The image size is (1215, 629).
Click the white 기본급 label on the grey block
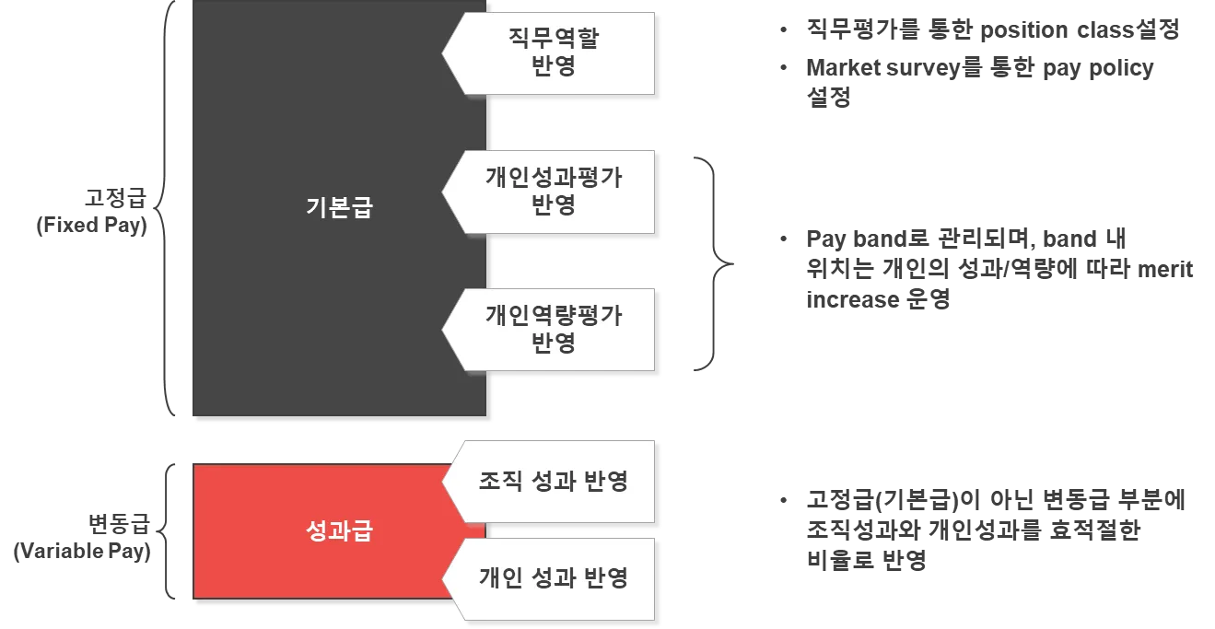pyautogui.click(x=338, y=207)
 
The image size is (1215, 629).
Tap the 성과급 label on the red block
pyautogui.click(x=338, y=531)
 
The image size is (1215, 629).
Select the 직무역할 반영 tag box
pyautogui.click(x=553, y=52)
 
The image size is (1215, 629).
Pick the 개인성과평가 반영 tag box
pyautogui.click(x=553, y=191)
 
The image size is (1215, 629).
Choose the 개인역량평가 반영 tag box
pyautogui.click(x=553, y=330)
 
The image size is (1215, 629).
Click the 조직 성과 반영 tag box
pyautogui.click(x=553, y=482)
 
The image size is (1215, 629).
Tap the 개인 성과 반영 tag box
pyautogui.click(x=553, y=579)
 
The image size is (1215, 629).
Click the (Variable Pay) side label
pyautogui.click(x=83, y=553)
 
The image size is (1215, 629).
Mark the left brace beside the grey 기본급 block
pyautogui.click(x=166, y=207)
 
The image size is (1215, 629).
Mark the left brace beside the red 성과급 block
pyautogui.click(x=167, y=531)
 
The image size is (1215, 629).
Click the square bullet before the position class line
pyautogui.click(x=781, y=29)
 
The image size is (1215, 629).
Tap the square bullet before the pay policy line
pyautogui.click(x=781, y=68)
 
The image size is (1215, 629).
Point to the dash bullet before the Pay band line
pyautogui.click(x=781, y=239)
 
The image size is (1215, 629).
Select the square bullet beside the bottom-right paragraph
pyautogui.click(x=781, y=502)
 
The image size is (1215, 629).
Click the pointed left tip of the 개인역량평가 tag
pyautogui.click(x=444, y=330)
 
